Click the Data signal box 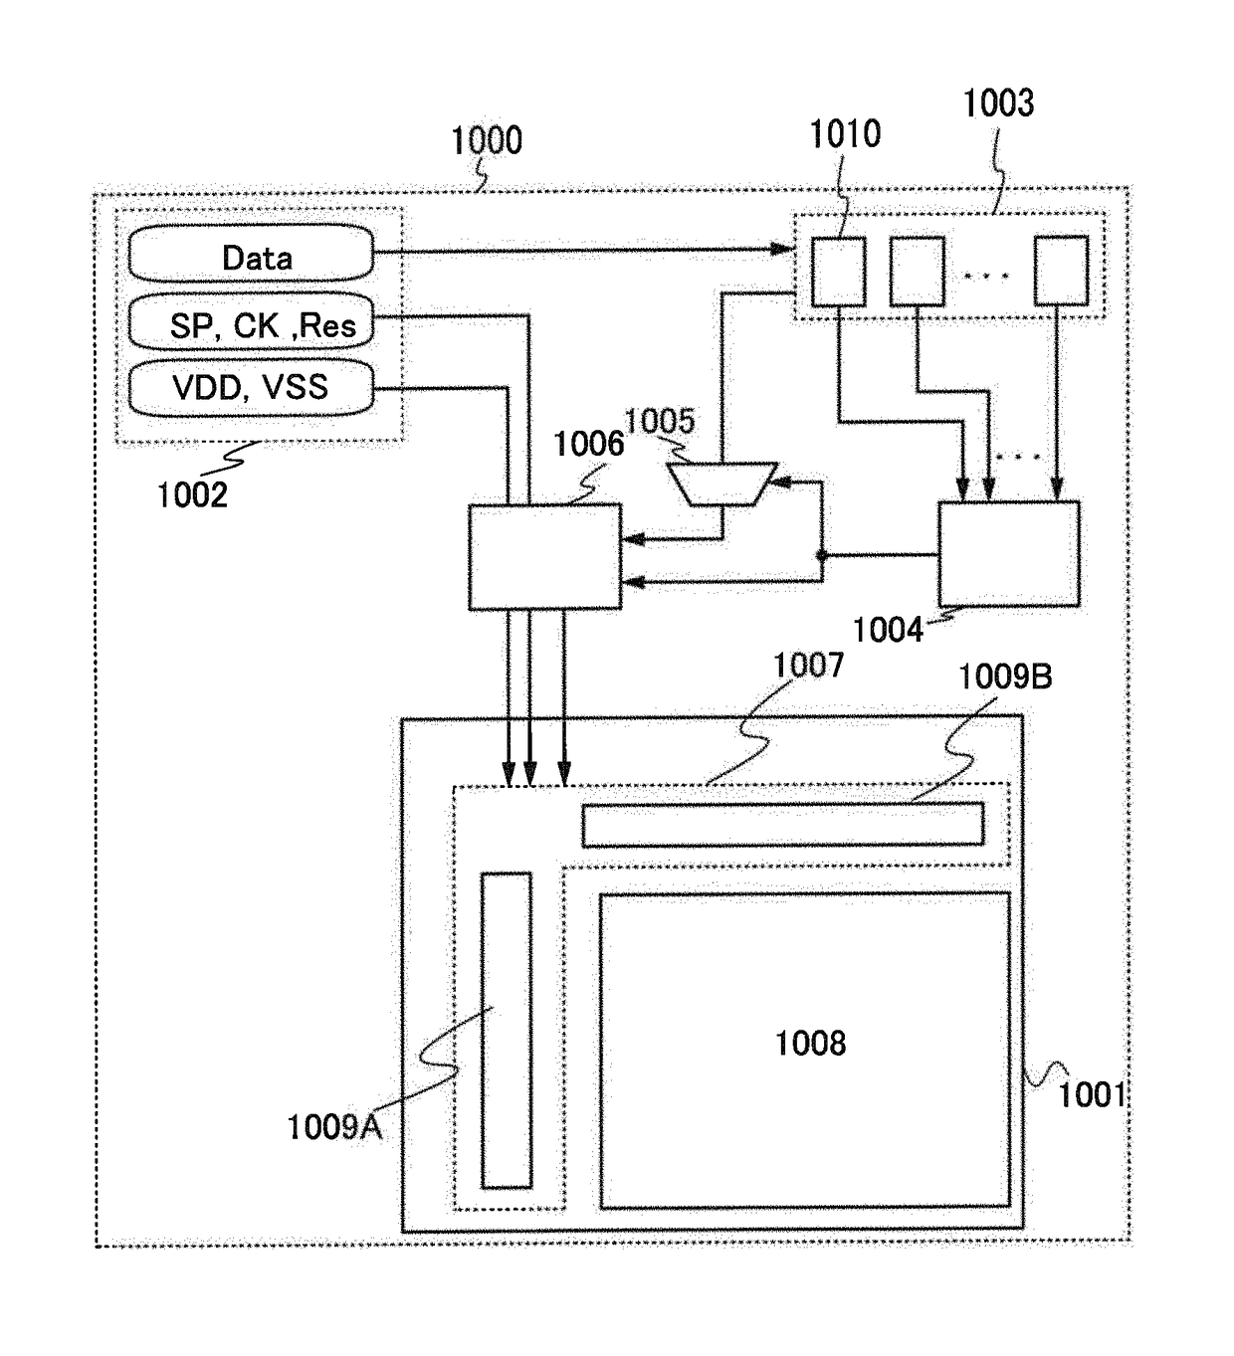click(x=251, y=254)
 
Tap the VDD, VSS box click(x=251, y=386)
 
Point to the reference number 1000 click(x=486, y=141)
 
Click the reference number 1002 click(x=192, y=494)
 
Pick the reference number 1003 click(x=998, y=102)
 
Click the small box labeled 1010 click(x=838, y=271)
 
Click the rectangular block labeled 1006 click(x=544, y=556)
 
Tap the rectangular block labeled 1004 click(x=1008, y=553)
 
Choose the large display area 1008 click(x=805, y=1050)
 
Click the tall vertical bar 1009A click(x=507, y=1030)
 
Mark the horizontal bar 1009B click(x=782, y=825)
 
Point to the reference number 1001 click(x=1092, y=1094)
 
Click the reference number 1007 click(x=808, y=665)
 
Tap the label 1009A click(x=334, y=1127)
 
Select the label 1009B click(x=1004, y=678)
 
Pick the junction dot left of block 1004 click(x=822, y=555)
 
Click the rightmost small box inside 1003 click(x=1061, y=271)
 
